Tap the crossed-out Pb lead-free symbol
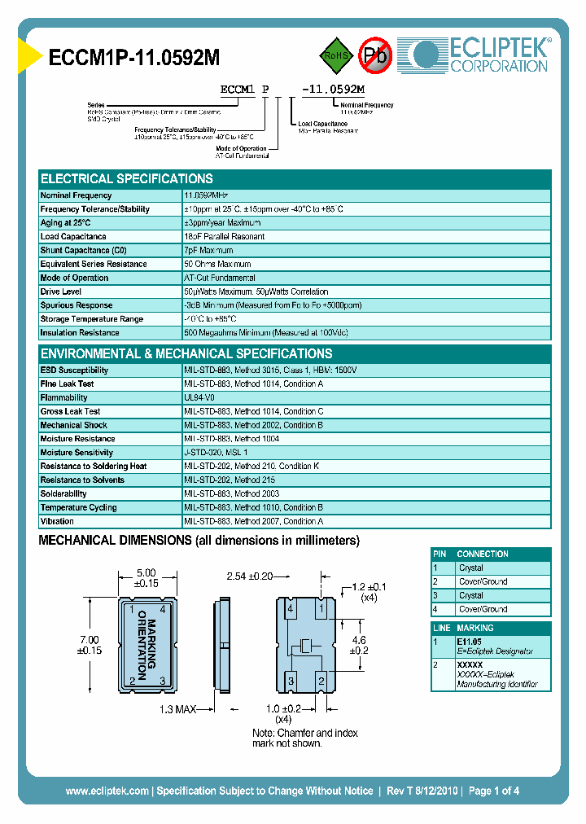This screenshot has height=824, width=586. click(375, 55)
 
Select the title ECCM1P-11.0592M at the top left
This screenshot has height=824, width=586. click(134, 57)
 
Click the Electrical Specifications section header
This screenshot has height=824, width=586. click(127, 178)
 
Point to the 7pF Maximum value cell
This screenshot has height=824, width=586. click(209, 250)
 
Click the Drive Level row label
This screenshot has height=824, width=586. click(61, 291)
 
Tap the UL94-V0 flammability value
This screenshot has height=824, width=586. click(199, 397)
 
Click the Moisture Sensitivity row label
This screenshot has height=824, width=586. click(77, 452)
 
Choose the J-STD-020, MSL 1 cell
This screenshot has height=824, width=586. click(216, 452)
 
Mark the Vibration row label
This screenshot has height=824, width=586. click(57, 521)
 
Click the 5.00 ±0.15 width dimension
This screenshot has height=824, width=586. click(146, 578)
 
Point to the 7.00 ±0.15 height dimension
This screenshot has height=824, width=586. click(89, 644)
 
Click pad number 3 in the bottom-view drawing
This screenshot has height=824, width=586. click(291, 680)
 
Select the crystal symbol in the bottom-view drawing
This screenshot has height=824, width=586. click(306, 646)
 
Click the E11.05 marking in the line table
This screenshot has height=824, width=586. click(470, 642)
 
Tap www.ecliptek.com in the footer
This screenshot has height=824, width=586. click(107, 791)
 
